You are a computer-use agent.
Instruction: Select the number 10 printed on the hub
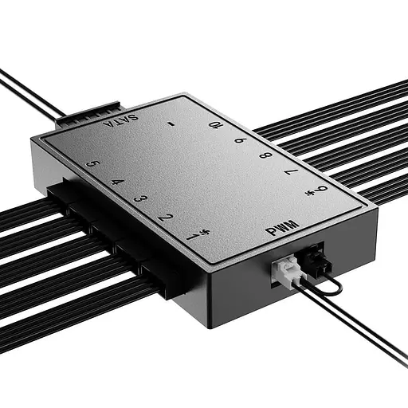click(x=214, y=126)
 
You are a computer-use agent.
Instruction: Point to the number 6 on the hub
click(x=240, y=141)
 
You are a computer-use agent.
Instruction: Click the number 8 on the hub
click(x=265, y=155)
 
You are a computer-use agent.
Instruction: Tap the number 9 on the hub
click(x=320, y=190)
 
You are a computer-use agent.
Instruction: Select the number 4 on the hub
click(x=117, y=182)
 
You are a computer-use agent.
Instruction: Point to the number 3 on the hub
click(x=140, y=198)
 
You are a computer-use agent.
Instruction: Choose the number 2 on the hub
click(x=165, y=217)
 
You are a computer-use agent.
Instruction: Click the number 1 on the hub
click(x=191, y=237)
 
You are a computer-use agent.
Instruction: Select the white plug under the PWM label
click(x=284, y=271)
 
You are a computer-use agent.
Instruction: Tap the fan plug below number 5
click(x=59, y=195)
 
